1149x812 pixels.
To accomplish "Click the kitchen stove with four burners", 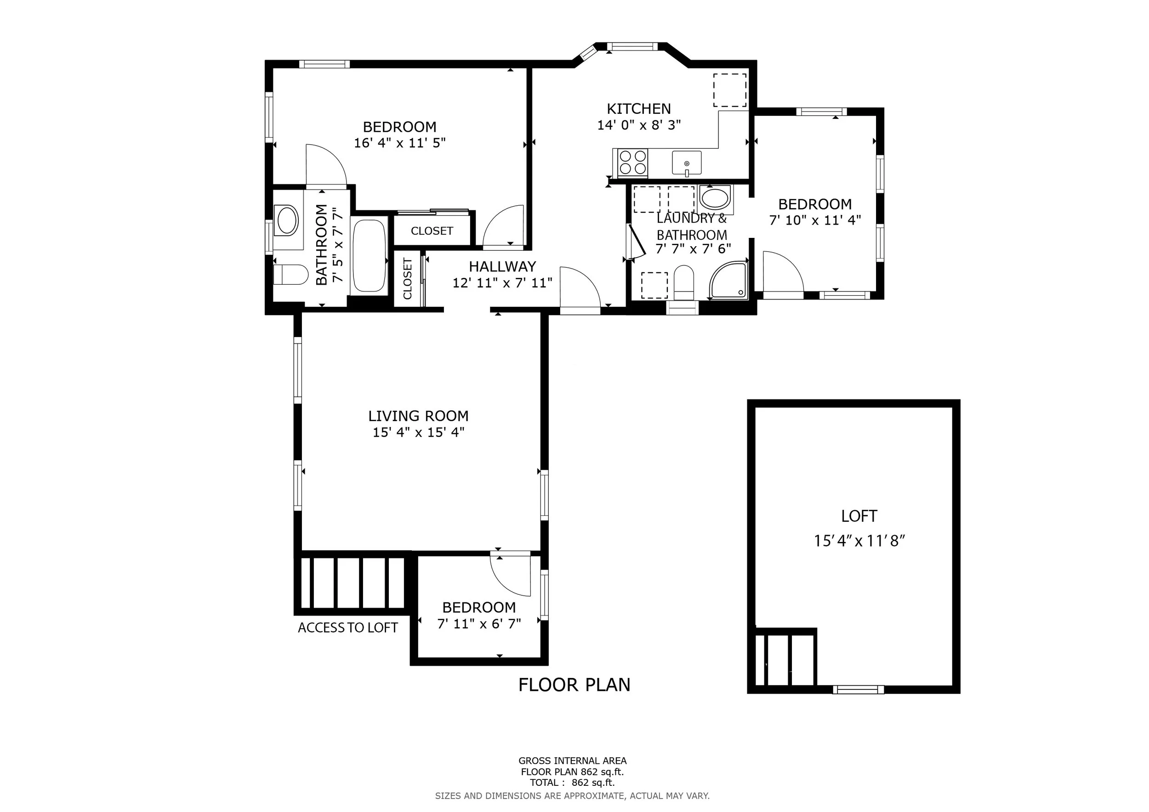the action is pyautogui.click(x=632, y=163).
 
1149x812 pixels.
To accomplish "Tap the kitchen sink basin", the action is pyautogui.click(x=687, y=163).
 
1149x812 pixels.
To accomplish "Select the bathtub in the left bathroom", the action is pyautogui.click(x=370, y=255).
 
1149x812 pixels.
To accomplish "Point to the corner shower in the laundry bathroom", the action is pyautogui.click(x=728, y=280).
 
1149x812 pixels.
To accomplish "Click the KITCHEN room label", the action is pyautogui.click(x=638, y=108).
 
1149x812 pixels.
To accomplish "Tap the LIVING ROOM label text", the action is pyautogui.click(x=418, y=416).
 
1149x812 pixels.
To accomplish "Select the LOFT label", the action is pyautogui.click(x=859, y=516).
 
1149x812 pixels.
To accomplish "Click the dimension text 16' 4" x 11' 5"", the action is pyautogui.click(x=400, y=143).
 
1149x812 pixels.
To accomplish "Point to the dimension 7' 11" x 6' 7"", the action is pyautogui.click(x=479, y=624).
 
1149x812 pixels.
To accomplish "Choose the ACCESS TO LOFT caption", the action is pyautogui.click(x=348, y=628).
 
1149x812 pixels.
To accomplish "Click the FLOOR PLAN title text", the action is pyautogui.click(x=574, y=685).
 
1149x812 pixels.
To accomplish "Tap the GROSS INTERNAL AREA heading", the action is pyautogui.click(x=573, y=761).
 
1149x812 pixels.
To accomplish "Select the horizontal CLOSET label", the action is pyautogui.click(x=432, y=231).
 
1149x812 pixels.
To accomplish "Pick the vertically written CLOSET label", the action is pyautogui.click(x=407, y=278).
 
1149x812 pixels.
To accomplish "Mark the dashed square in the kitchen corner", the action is pyautogui.click(x=730, y=90).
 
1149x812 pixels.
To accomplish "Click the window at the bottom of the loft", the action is pyautogui.click(x=858, y=689).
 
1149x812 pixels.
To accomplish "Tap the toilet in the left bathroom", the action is pyautogui.click(x=291, y=275).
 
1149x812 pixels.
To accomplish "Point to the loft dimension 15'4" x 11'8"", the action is pyautogui.click(x=859, y=541).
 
